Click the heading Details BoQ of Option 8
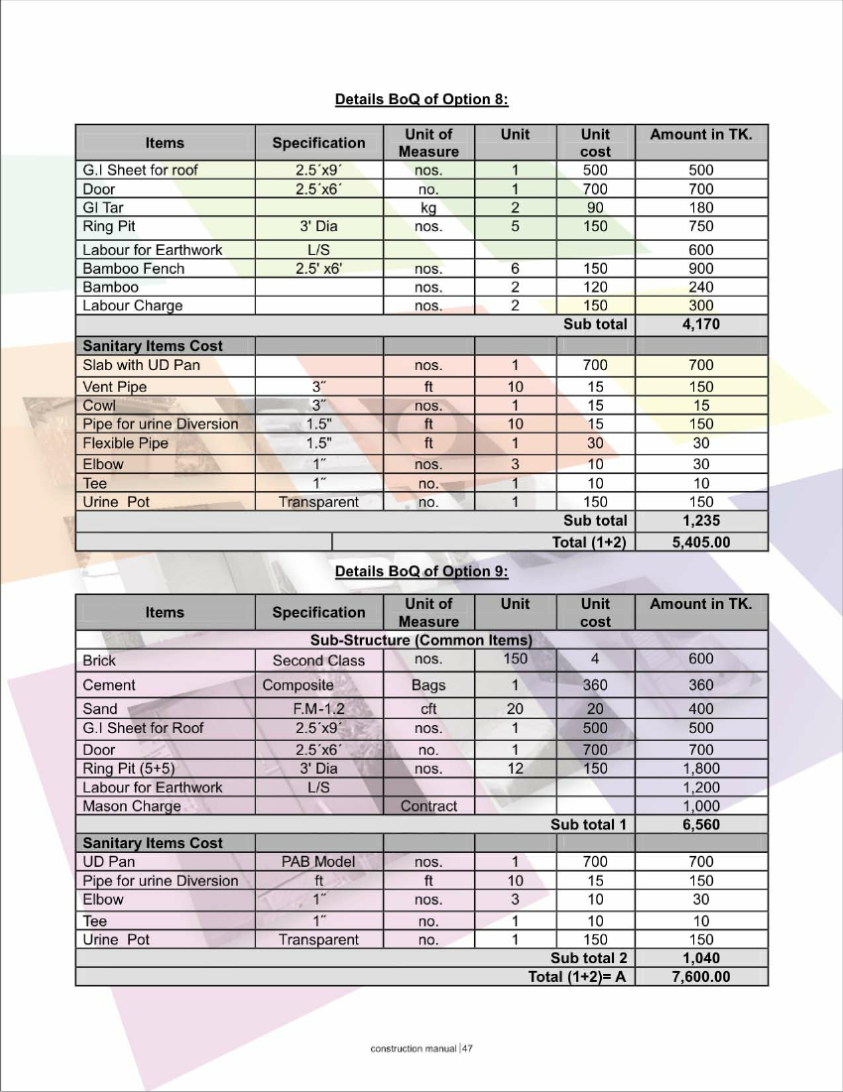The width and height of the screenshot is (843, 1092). tap(421, 99)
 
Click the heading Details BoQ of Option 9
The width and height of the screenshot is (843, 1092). tap(421, 571)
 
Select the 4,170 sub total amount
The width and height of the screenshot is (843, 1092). tap(701, 324)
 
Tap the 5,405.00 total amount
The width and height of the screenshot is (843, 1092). tap(701, 542)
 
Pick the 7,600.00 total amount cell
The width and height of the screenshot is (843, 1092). tap(701, 977)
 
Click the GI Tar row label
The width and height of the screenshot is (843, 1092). tap(103, 207)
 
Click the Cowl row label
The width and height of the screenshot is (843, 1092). tap(99, 406)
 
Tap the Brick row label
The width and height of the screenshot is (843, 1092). tap(99, 661)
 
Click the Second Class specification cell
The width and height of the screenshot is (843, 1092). tap(318, 661)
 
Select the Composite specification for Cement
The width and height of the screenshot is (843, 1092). tap(299, 685)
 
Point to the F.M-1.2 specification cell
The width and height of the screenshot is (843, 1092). tap(318, 709)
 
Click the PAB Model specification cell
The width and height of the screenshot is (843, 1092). tap(318, 862)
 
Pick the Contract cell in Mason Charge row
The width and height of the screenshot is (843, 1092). tap(428, 806)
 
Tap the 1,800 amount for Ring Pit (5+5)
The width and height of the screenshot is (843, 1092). tap(701, 769)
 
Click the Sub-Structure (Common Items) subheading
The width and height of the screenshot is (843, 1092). tap(421, 640)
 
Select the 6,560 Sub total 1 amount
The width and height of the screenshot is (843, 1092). tap(701, 824)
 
